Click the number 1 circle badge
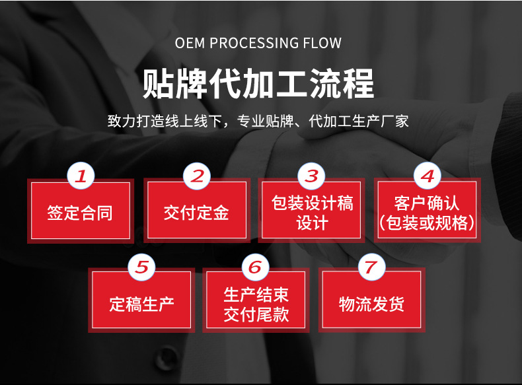pos(81,176)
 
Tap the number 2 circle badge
pos(196,176)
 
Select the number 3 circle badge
pos(311,176)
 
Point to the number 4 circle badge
pos(427,176)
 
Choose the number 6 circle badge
pos(256,267)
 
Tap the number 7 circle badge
pos(371,267)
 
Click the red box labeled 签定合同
pos(81,211)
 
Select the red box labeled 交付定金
pos(196,211)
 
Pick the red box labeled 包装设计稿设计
pos(311,211)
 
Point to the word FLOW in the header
pos(322,44)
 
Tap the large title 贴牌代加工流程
pos(259,83)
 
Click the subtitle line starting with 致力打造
pos(258,122)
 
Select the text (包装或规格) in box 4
pos(427,223)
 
